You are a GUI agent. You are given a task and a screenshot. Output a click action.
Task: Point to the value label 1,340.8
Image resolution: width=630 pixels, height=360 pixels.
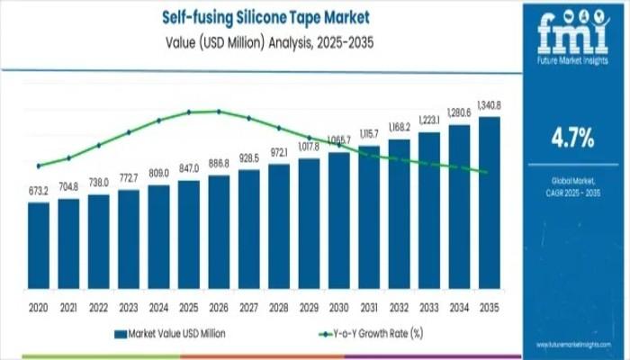[490, 106]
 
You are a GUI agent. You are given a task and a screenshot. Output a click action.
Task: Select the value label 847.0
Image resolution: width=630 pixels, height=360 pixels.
[189, 169]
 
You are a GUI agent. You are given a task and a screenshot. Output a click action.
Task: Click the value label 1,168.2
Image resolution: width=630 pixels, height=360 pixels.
[400, 126]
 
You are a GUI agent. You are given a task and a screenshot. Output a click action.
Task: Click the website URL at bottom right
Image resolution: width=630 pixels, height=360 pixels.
[572, 345]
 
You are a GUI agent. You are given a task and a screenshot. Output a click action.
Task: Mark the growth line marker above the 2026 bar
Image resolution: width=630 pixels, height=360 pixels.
[219, 112]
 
